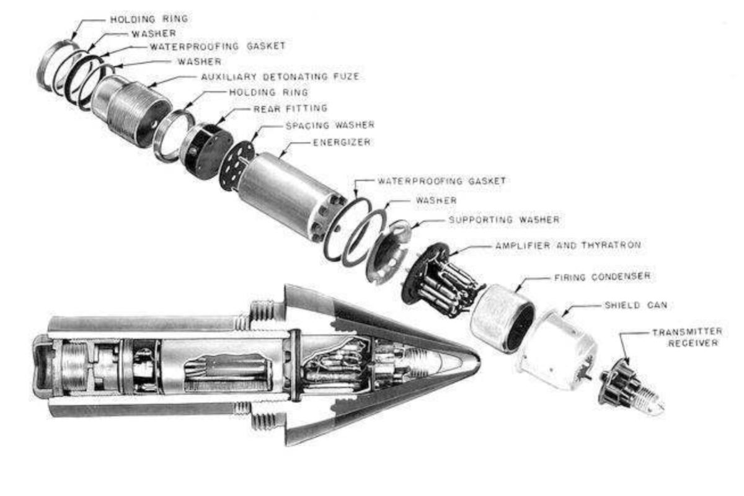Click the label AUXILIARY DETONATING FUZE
click(280, 76)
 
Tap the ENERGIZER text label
click(341, 142)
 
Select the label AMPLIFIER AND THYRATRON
click(567, 246)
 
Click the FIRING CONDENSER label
click(602, 276)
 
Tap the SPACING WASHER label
click(329, 125)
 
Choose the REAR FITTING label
click(290, 108)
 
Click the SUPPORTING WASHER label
click(504, 219)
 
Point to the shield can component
click(558, 350)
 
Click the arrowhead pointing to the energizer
click(281, 154)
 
